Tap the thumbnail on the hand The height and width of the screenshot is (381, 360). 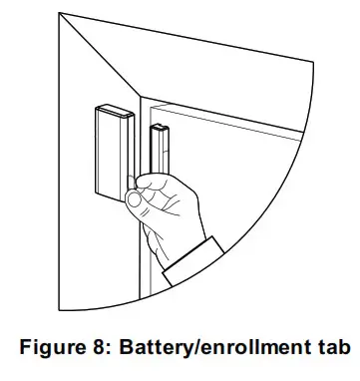tap(134, 198)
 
